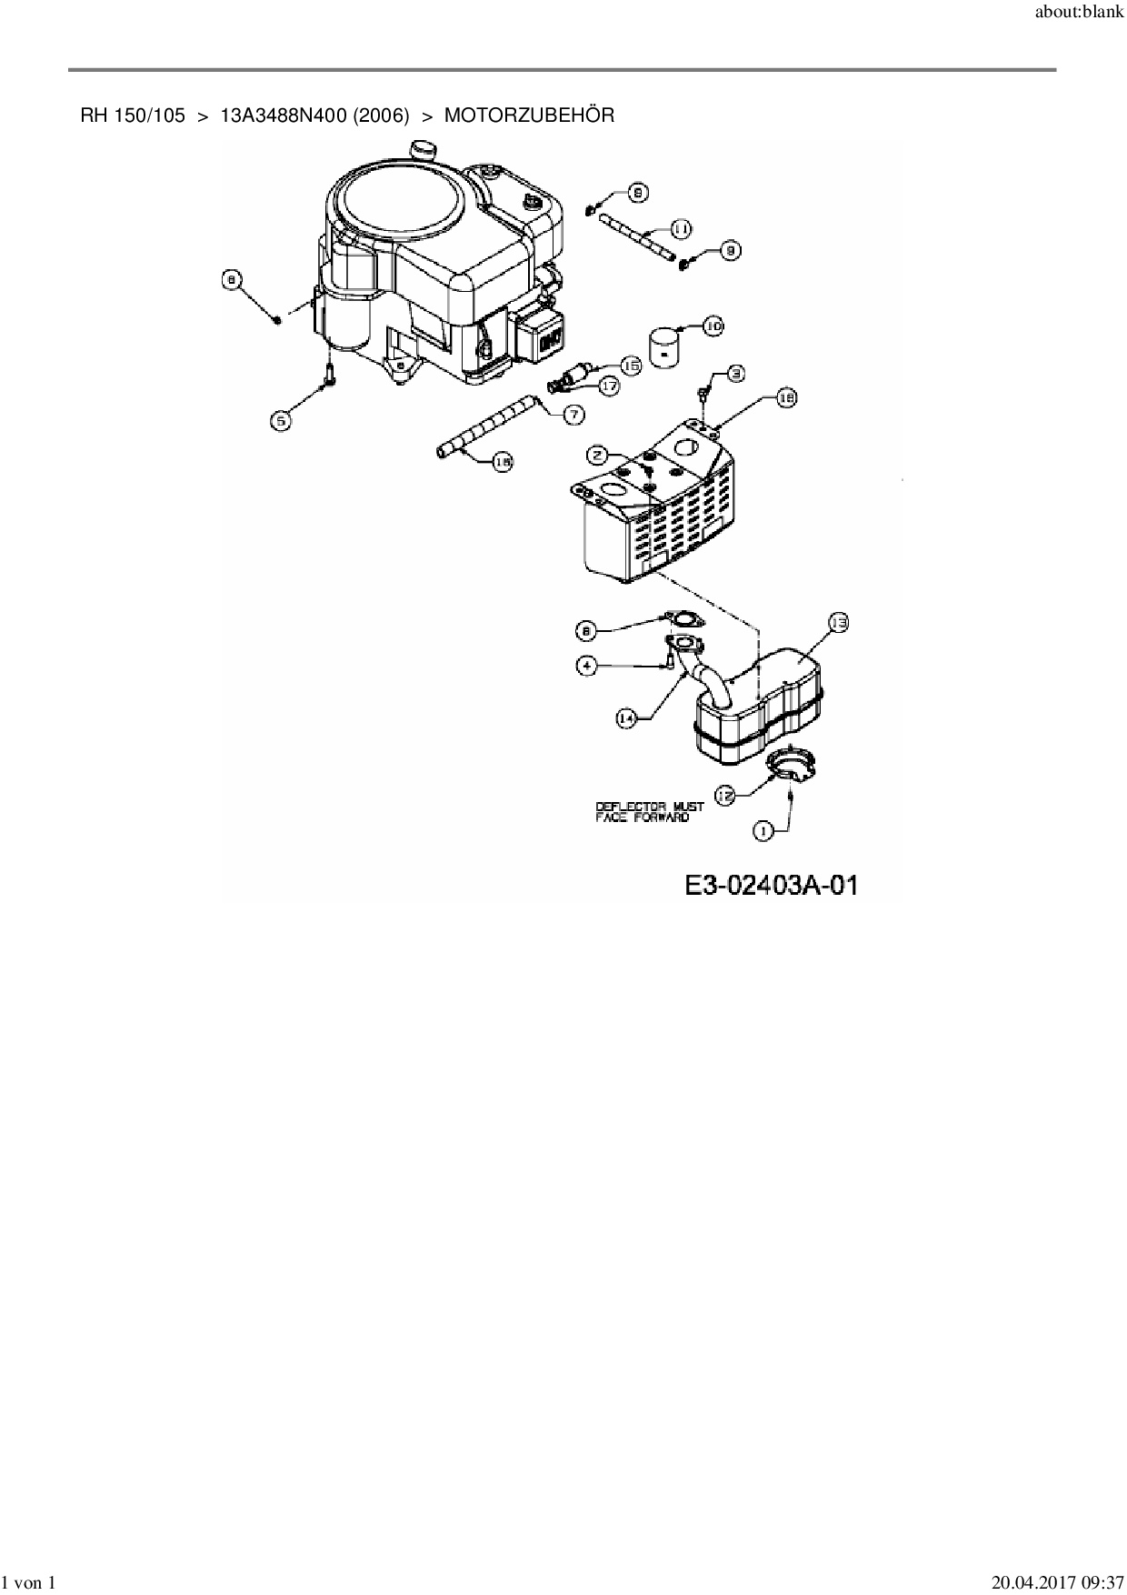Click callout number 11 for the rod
pos(682,227)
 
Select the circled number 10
pos(713,326)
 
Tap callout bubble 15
pos(631,365)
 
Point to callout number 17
pos(608,386)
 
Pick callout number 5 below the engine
pos(283,420)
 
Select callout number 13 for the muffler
pos(838,623)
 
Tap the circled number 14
pos(626,718)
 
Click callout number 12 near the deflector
pos(725,796)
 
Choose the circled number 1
pos(763,829)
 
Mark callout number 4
pos(588,666)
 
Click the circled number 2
pos(597,454)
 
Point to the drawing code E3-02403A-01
pos(772,884)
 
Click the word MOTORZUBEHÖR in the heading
pos(529,115)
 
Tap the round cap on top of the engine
pos(422,148)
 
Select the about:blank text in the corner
pos(1079,15)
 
